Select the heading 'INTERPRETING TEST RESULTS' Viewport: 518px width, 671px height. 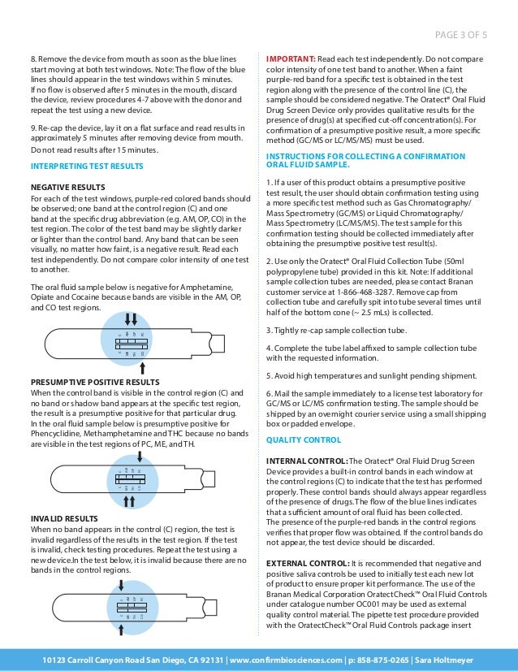point(87,166)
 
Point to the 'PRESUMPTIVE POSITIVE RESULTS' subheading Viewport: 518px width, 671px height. point(95,382)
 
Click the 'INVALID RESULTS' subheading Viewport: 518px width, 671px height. point(64,517)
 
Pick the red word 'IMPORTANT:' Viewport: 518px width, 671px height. point(291,60)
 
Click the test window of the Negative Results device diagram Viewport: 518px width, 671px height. point(133,344)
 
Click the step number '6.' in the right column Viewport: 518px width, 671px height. point(270,393)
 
